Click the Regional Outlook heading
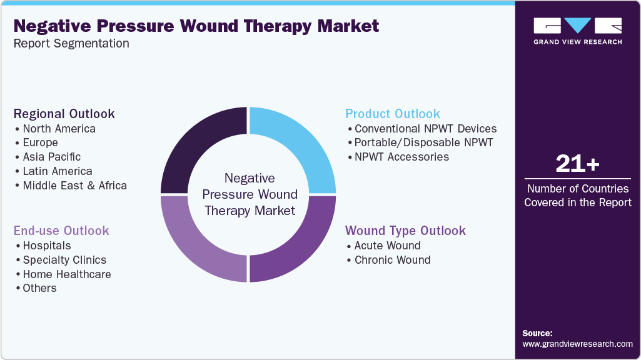pyautogui.click(x=64, y=114)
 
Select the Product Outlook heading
pyautogui.click(x=392, y=114)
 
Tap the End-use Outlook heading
pyautogui.click(x=61, y=231)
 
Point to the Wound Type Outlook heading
pyautogui.click(x=405, y=231)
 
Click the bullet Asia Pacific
pyautogui.click(x=51, y=157)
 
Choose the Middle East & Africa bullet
pyautogui.click(x=74, y=186)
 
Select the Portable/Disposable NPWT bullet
pyautogui.click(x=423, y=142)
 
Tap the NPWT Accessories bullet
pyautogui.click(x=401, y=157)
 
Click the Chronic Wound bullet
pyautogui.click(x=392, y=260)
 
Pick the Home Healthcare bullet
pyautogui.click(x=67, y=274)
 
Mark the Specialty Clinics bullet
pyautogui.click(x=64, y=260)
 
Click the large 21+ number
pyautogui.click(x=577, y=165)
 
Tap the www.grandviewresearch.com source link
pyautogui.click(x=577, y=344)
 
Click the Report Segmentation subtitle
pyautogui.click(x=71, y=44)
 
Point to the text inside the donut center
pyautogui.click(x=250, y=194)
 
